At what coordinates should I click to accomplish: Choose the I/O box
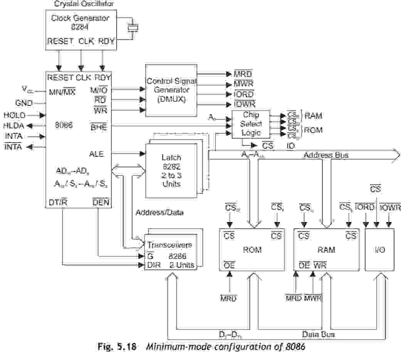pyautogui.click(x=379, y=250)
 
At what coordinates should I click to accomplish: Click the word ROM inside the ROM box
pyautogui.click(x=252, y=250)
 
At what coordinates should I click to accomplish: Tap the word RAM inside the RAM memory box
pyautogui.click(x=326, y=250)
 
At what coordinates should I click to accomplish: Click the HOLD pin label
pyautogui.click(x=14, y=115)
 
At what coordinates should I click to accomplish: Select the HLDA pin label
pyautogui.click(x=13, y=126)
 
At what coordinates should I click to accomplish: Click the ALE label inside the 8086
pyautogui.click(x=96, y=154)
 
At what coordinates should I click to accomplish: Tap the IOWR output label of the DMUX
pyautogui.click(x=244, y=104)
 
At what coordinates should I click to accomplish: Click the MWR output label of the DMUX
pyautogui.click(x=244, y=84)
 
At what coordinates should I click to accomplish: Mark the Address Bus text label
pyautogui.click(x=326, y=155)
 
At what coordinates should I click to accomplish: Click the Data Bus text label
pyautogui.click(x=318, y=334)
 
